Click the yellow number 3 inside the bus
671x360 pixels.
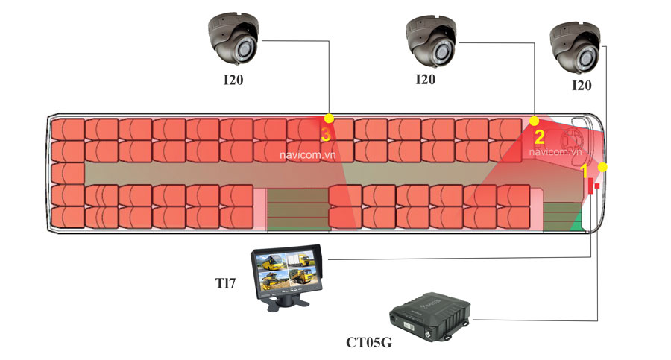pos(325,134)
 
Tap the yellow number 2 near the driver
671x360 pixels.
pos(539,137)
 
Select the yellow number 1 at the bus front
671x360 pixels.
pos(585,170)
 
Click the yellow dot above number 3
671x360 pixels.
pos(329,119)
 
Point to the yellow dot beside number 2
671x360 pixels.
pos(534,120)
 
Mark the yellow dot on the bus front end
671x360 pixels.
pos(603,167)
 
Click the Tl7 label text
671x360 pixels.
pos(222,283)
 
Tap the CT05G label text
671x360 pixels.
pos(369,344)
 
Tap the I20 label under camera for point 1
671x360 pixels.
pos(582,85)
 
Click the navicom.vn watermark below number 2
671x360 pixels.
pos(555,151)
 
